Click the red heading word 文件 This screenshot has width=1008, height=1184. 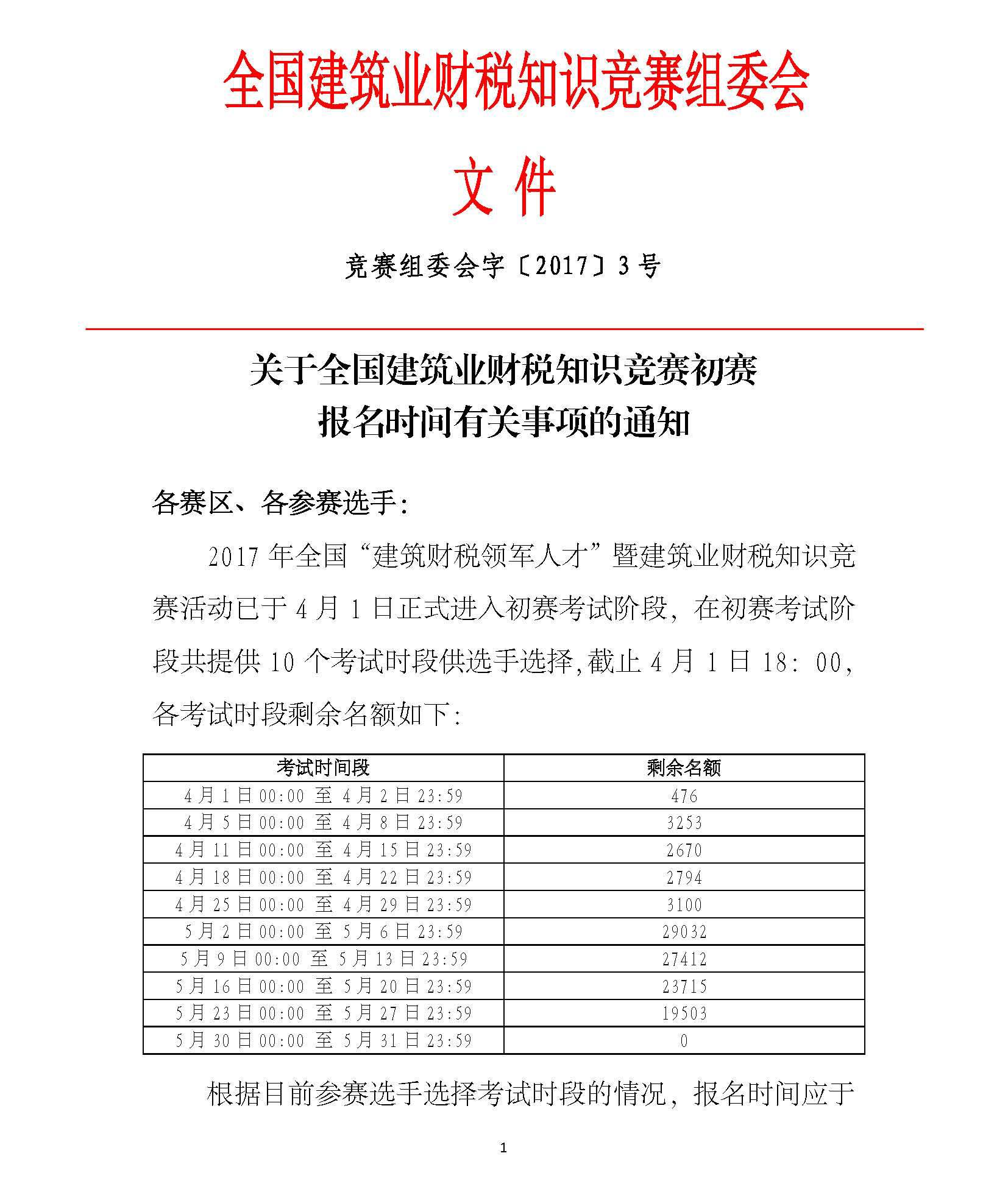coord(503,187)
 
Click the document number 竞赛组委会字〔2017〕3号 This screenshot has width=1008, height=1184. coord(502,266)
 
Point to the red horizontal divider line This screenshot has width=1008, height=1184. coord(504,329)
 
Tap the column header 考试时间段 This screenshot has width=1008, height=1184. coord(323,767)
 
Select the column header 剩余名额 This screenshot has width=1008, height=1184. coord(684,767)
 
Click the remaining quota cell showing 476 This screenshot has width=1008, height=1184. coord(684,795)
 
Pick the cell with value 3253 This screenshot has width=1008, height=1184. coord(684,823)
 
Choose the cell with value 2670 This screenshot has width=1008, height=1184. coord(684,850)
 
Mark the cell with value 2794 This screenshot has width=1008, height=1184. coord(684,878)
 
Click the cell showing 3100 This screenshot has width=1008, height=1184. coord(684,905)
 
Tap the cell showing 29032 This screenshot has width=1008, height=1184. coord(684,932)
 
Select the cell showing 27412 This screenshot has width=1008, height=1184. coord(684,959)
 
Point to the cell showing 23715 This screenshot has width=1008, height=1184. coord(684,987)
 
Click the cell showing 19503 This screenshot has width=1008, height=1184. coord(684,1013)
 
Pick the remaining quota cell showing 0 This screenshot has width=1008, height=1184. coord(684,1041)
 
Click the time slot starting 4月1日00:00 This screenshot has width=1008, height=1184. coord(323,795)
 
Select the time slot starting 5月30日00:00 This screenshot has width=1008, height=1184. coord(323,1041)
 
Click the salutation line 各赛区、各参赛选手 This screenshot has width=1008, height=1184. coord(280,504)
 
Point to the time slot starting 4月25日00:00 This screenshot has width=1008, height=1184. coord(323,905)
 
